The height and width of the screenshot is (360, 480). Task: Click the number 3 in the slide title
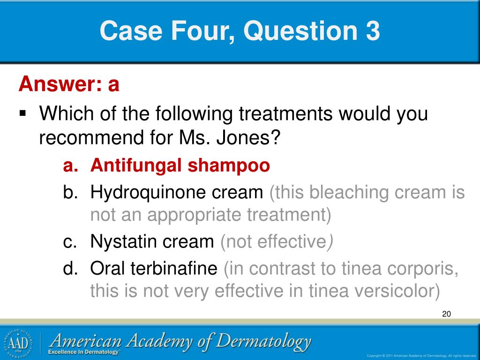[370, 31]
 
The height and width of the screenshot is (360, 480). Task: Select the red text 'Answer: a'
[69, 85]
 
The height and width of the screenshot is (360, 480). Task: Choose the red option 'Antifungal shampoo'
[180, 165]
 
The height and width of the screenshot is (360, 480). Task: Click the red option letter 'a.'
[72, 165]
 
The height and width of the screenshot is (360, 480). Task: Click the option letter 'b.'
[72, 192]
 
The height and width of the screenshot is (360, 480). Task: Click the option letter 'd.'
[72, 269]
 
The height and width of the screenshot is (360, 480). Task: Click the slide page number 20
[446, 314]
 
